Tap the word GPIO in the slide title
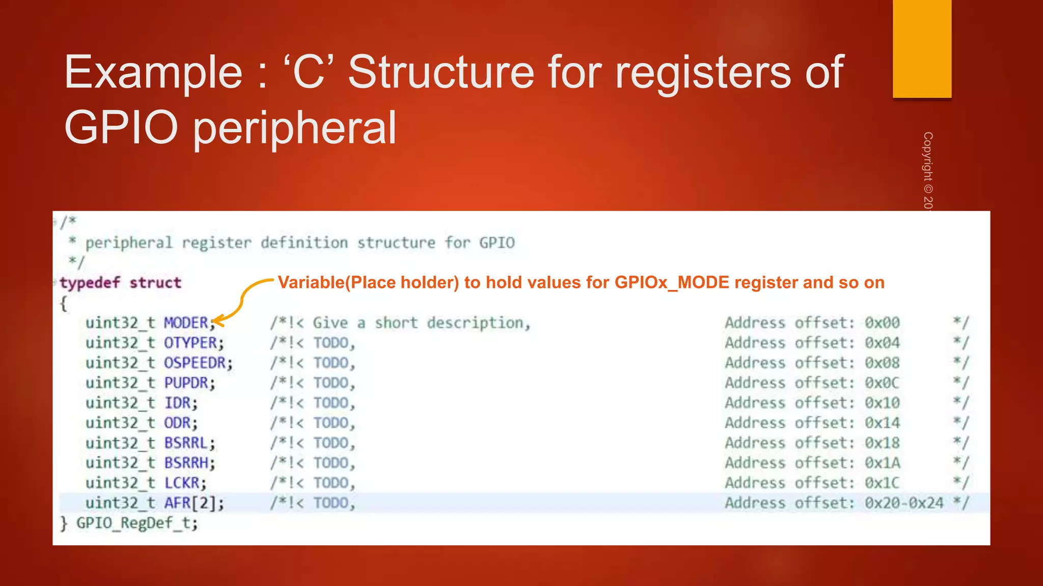tap(121, 128)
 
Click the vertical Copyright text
tap(928, 170)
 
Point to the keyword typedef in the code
tap(90, 283)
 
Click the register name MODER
tap(186, 323)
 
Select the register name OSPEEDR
tap(195, 363)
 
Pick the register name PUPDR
tap(186, 383)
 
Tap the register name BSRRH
tap(186, 463)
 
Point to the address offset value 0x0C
tap(882, 383)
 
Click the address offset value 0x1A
tap(882, 463)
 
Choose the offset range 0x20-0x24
tap(904, 503)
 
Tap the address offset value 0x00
tap(882, 323)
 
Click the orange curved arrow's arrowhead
tap(217, 321)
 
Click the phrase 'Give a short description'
tap(421, 323)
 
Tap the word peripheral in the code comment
tap(129, 243)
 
